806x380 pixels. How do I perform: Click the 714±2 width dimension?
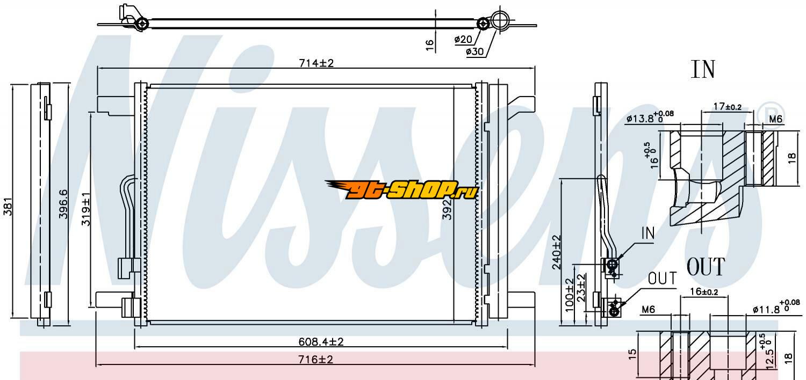tap(316, 63)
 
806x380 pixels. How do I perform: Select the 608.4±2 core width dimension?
tap(321, 341)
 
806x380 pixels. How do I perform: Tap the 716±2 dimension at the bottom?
tap(315, 359)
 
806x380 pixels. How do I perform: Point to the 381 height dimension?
tap(8, 206)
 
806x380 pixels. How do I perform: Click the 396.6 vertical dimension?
tap(63, 204)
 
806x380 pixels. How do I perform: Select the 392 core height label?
tap(447, 209)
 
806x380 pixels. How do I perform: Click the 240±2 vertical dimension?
tap(556, 252)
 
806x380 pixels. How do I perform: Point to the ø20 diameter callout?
tap(463, 39)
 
